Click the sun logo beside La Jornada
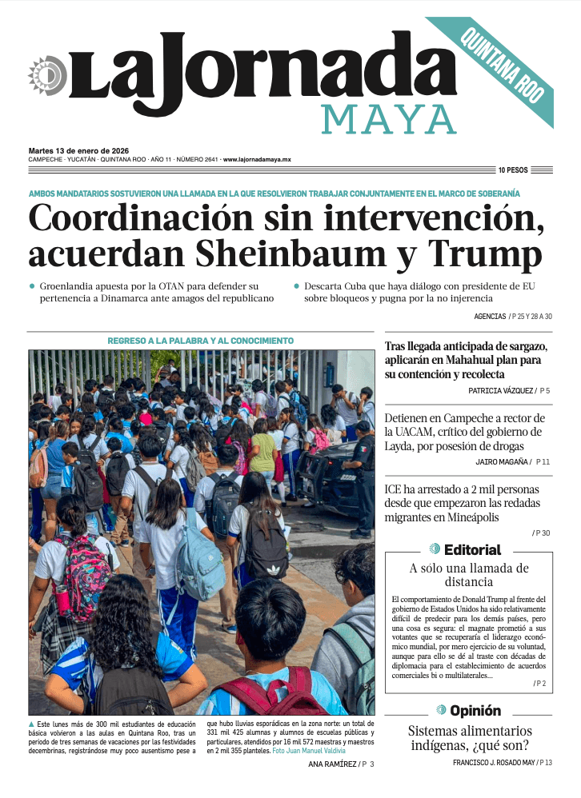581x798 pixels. [x=46, y=76]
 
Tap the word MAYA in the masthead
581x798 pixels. [x=388, y=119]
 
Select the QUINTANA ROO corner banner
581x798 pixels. [x=503, y=69]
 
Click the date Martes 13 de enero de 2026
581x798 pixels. [x=78, y=150]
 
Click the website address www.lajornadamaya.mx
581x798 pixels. [x=257, y=160]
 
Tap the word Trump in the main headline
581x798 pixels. [x=485, y=253]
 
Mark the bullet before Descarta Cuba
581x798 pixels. [x=295, y=285]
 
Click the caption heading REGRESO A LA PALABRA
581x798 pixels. [x=200, y=341]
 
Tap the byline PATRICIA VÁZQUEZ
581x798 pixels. [x=501, y=391]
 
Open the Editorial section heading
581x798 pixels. [x=471, y=549]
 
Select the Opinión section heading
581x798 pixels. [x=475, y=710]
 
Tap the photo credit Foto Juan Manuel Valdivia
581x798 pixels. [x=309, y=751]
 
